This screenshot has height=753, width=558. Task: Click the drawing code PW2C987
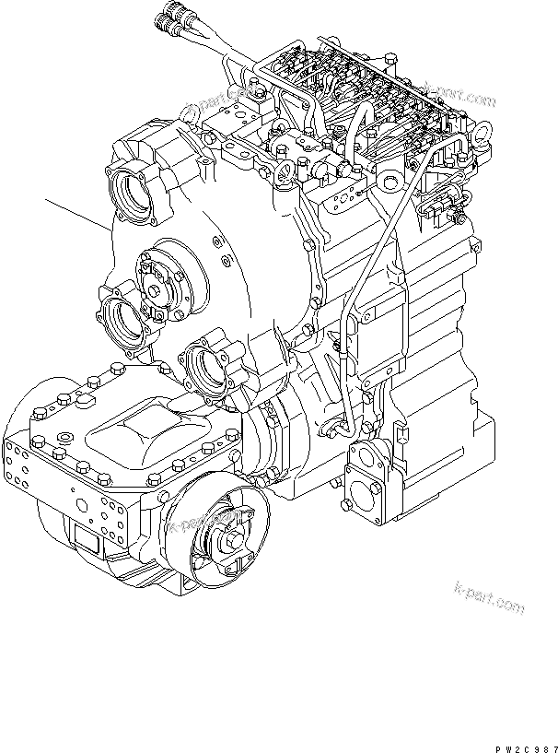tap(521, 743)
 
